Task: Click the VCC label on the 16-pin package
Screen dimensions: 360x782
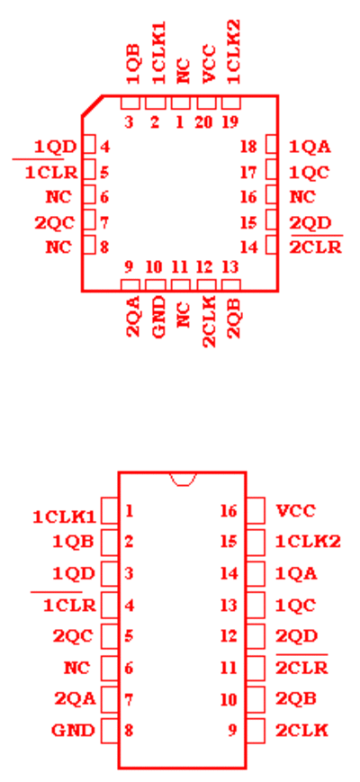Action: pyautogui.click(x=296, y=511)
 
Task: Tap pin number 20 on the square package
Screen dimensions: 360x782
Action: pyautogui.click(x=203, y=122)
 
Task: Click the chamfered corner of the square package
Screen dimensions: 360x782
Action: pyautogui.click(x=92, y=105)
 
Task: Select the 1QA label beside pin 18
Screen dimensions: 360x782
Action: pyautogui.click(x=310, y=147)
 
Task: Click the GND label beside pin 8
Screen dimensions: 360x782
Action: pyautogui.click(x=73, y=731)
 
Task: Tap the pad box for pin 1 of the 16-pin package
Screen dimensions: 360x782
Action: pyautogui.click(x=110, y=510)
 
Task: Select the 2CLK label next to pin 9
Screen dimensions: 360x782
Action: pyautogui.click(x=301, y=731)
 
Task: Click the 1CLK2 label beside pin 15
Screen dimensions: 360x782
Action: pyautogui.click(x=308, y=542)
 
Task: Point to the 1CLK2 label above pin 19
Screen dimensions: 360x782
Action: pyautogui.click(x=233, y=51)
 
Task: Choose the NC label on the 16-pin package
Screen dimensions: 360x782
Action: pyautogui.click(x=76, y=668)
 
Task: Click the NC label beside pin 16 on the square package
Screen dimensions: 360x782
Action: pyautogui.click(x=302, y=197)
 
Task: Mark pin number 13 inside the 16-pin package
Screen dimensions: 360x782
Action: pyautogui.click(x=229, y=605)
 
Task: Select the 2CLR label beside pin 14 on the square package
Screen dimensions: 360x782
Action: pyautogui.click(x=316, y=247)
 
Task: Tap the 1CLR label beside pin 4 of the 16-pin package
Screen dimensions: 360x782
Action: pyautogui.click(x=69, y=605)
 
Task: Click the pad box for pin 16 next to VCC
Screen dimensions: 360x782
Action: pyautogui.click(x=256, y=510)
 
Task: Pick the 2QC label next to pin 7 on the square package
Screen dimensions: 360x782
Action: pyautogui.click(x=54, y=223)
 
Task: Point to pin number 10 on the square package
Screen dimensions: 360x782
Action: pyautogui.click(x=155, y=267)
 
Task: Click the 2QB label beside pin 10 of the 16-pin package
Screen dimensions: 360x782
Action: pyautogui.click(x=296, y=699)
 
